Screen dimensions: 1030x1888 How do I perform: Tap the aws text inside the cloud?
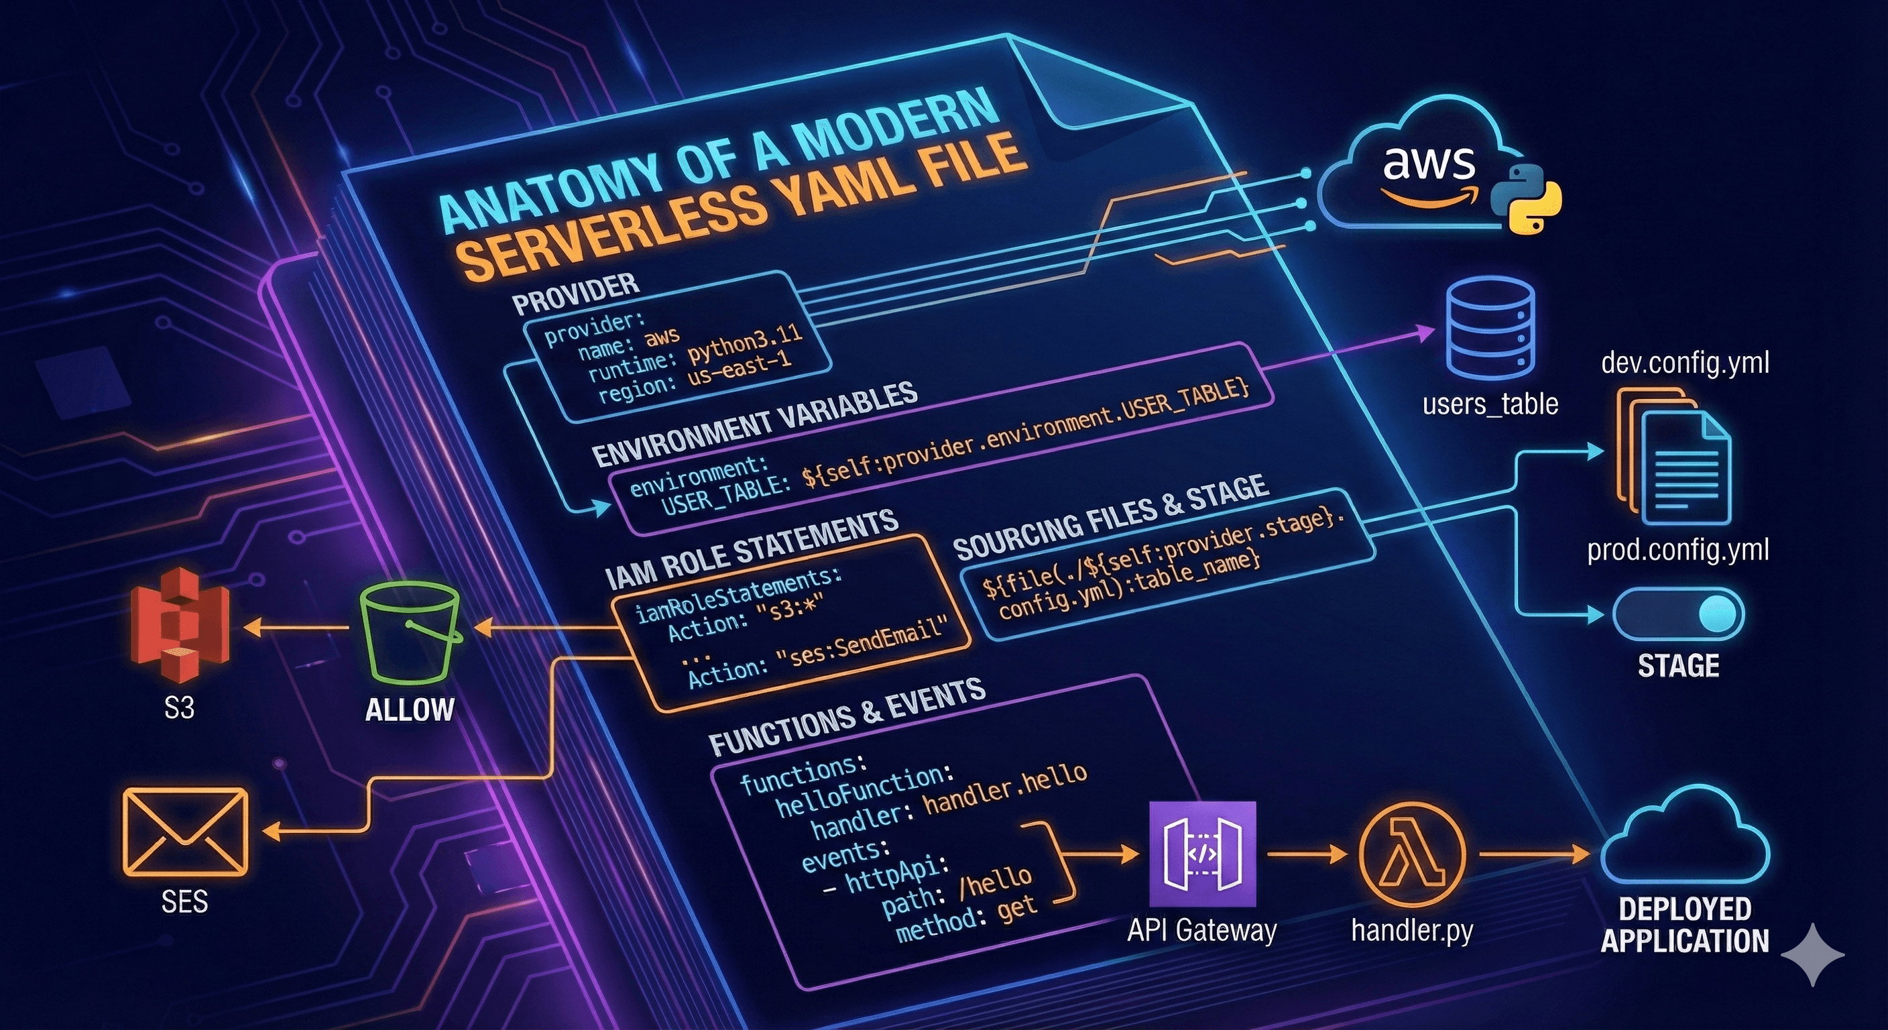pyautogui.click(x=1429, y=163)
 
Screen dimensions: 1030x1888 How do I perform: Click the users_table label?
pyautogui.click(x=1490, y=404)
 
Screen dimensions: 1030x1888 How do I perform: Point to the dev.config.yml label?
pyautogui.click(x=1685, y=362)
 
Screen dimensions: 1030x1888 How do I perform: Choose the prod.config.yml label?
pyautogui.click(x=1677, y=549)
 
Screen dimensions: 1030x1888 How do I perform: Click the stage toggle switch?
pyautogui.click(x=1678, y=614)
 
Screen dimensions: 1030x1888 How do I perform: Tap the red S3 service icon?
pyautogui.click(x=179, y=624)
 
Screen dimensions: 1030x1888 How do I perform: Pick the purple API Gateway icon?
pyautogui.click(x=1202, y=854)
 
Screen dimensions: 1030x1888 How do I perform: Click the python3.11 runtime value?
pyautogui.click(x=745, y=341)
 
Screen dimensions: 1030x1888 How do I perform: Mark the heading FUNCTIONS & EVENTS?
pyautogui.click(x=847, y=718)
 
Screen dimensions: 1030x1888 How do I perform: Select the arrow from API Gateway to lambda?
pyautogui.click(x=1306, y=854)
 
